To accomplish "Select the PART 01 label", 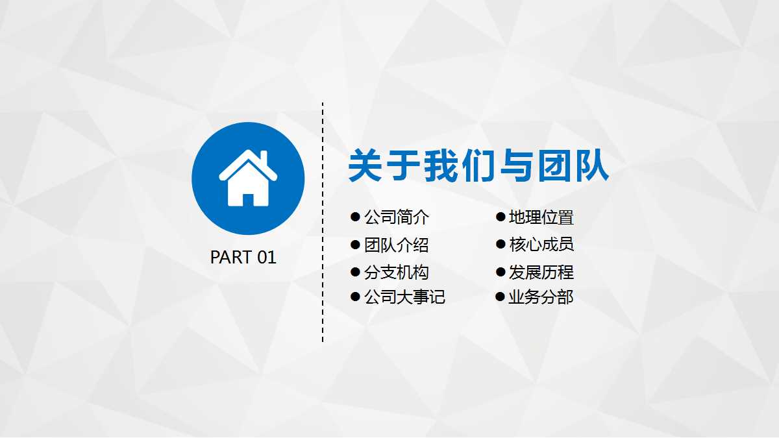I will pyautogui.click(x=243, y=258).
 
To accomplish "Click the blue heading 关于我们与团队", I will pyautogui.click(x=478, y=166).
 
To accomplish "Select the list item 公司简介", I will pyautogui.click(x=397, y=217).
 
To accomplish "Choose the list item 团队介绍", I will pyautogui.click(x=397, y=245).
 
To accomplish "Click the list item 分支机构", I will pyautogui.click(x=397, y=273).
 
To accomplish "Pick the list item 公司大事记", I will pyautogui.click(x=404, y=297).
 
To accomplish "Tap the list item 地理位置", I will pyautogui.click(x=541, y=217).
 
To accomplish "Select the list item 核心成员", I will pyautogui.click(x=541, y=245).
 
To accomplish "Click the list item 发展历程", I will pyautogui.click(x=541, y=273).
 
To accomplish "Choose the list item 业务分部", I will pyautogui.click(x=541, y=297).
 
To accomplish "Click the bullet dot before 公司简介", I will pyautogui.click(x=355, y=217).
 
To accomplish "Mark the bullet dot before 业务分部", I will pyautogui.click(x=500, y=297).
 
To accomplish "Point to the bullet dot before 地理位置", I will pyautogui.click(x=501, y=217).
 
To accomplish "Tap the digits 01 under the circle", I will pyautogui.click(x=267, y=258).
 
